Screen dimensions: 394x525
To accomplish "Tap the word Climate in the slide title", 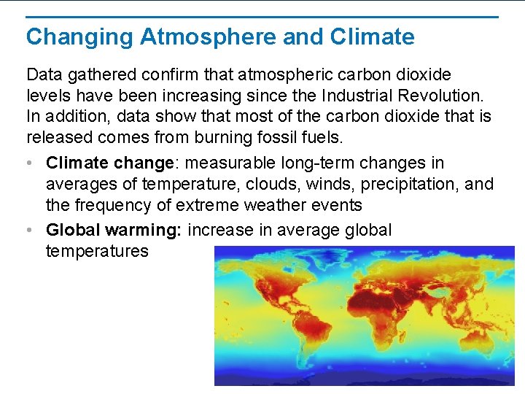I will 372,36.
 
